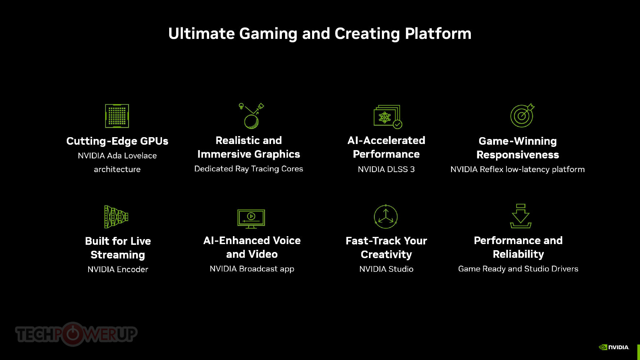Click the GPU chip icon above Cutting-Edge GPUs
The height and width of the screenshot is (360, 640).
[117, 116]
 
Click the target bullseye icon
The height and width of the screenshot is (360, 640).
[522, 116]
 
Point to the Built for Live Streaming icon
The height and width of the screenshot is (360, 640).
[116, 217]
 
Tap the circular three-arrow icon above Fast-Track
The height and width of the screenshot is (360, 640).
[386, 217]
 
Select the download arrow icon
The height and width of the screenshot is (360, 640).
[520, 216]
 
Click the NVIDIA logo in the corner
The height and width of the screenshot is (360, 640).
[614, 347]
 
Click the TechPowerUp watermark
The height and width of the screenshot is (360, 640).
[76, 334]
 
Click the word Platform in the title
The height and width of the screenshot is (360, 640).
[438, 34]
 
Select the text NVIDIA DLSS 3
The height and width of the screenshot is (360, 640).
[386, 170]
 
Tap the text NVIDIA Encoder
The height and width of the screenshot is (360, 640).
[118, 270]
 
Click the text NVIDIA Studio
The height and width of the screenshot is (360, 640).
[386, 269]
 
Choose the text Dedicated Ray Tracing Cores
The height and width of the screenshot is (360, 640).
[248, 169]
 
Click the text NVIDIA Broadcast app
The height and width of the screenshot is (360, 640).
[252, 269]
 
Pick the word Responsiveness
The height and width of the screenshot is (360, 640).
[517, 155]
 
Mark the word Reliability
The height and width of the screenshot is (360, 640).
[518, 255]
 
